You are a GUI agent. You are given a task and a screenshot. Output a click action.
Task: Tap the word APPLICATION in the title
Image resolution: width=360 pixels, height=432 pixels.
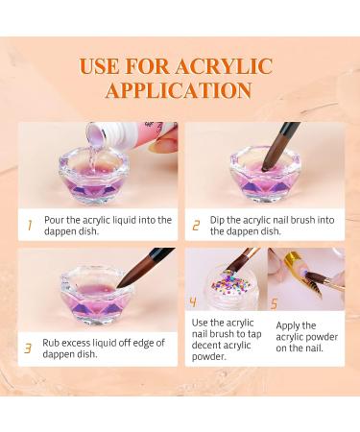point(179,91)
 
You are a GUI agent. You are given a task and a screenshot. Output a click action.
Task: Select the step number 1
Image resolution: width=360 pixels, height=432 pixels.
point(29,226)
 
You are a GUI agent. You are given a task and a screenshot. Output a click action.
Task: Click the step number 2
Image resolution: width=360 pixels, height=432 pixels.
point(196,226)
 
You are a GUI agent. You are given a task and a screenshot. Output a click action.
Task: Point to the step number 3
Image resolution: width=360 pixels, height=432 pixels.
point(29,348)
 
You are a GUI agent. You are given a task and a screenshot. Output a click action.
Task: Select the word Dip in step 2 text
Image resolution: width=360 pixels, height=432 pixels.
point(220,221)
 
